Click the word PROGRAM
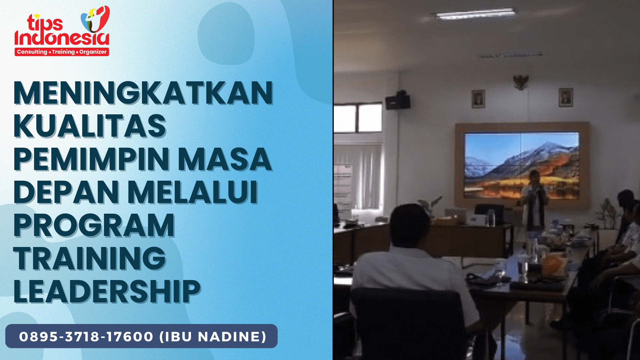click(x=94, y=225)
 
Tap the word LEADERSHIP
click(x=107, y=291)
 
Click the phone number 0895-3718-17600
click(x=86, y=336)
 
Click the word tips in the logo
click(x=45, y=23)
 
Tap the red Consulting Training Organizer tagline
click(x=62, y=52)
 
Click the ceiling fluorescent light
click(x=473, y=14)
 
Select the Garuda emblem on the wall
click(x=521, y=82)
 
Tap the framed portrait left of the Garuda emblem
click(x=478, y=99)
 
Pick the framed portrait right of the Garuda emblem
click(x=566, y=97)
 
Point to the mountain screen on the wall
click(x=522, y=165)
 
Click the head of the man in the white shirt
click(x=410, y=225)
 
